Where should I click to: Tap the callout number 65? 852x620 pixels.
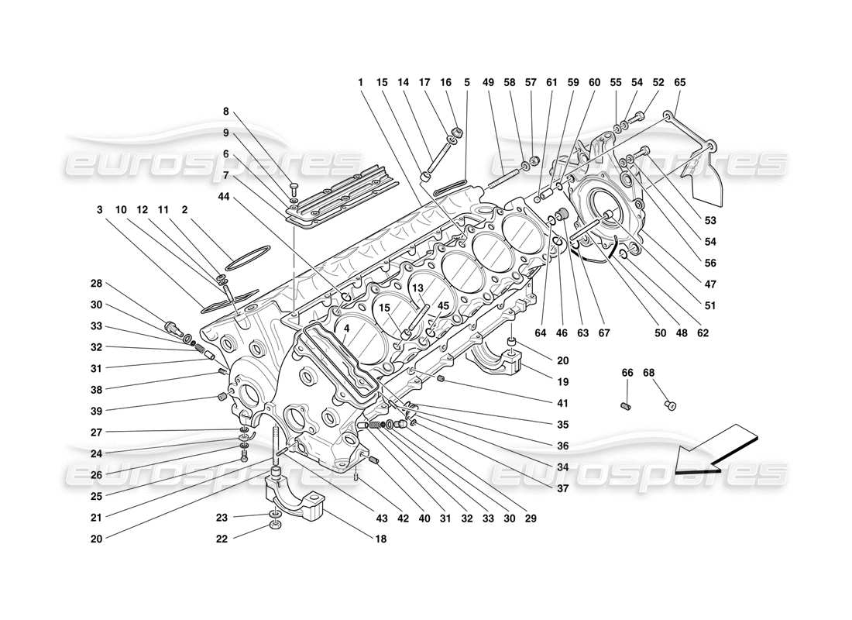680,82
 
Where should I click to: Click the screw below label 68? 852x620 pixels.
672,405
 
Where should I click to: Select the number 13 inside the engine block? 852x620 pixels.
417,288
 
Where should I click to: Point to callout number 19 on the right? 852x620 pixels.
562,382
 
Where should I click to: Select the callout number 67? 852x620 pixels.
604,333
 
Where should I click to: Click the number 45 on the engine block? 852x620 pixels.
443,305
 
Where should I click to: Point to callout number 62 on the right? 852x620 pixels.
702,333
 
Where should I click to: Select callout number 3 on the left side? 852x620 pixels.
99,209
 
